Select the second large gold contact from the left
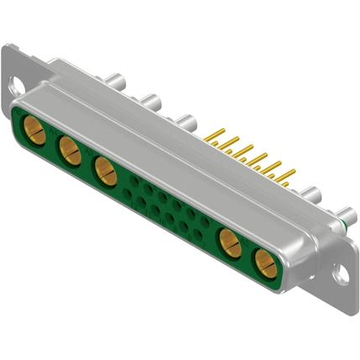click(69, 151)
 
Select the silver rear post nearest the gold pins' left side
click(188, 121)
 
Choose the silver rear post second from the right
click(310, 192)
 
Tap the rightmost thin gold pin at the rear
click(290, 174)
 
